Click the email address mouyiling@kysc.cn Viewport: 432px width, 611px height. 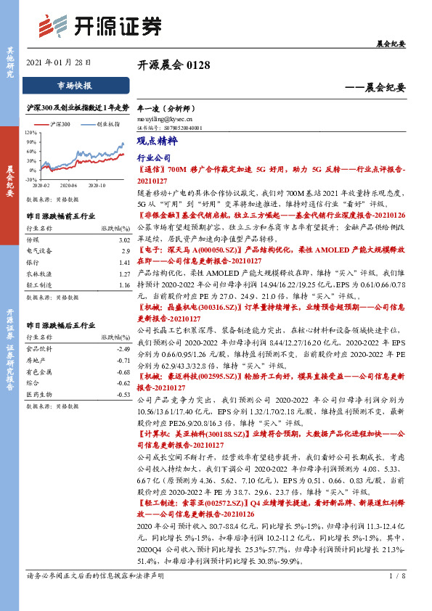click(x=165, y=117)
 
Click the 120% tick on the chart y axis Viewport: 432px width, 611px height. click(x=31, y=134)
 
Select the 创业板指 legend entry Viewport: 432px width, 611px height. click(x=107, y=125)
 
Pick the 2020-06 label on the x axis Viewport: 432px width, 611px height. click(x=69, y=185)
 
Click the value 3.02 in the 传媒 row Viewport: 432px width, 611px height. click(x=123, y=239)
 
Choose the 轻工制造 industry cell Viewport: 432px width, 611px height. click(x=38, y=286)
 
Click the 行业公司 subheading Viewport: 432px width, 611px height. click(x=153, y=157)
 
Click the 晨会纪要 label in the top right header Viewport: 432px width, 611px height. click(x=391, y=44)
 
